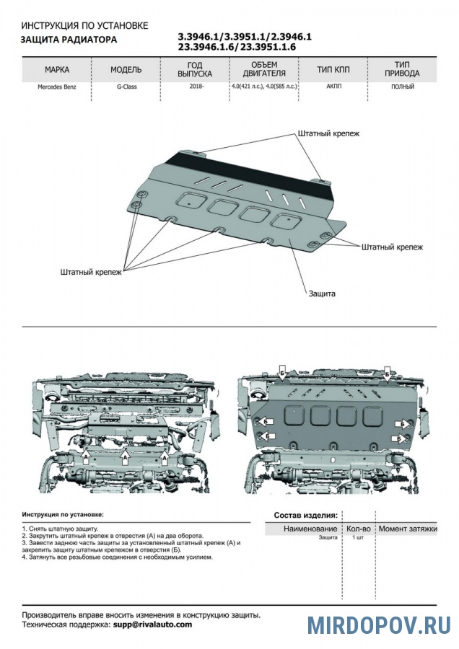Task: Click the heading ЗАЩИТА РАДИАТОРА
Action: pyautogui.click(x=68, y=40)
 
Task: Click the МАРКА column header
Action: pyautogui.click(x=57, y=70)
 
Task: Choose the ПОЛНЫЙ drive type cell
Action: pyautogui.click(x=402, y=87)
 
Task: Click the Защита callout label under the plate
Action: pyautogui.click(x=322, y=293)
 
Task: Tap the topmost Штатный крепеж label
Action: pyautogui.click(x=327, y=134)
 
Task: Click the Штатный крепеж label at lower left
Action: pyautogui.click(x=91, y=272)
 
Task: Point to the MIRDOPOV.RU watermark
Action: pyautogui.click(x=380, y=624)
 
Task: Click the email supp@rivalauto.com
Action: pyautogui.click(x=152, y=624)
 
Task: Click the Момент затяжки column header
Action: pyautogui.click(x=408, y=529)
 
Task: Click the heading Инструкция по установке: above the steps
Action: pyautogui.click(x=63, y=516)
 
